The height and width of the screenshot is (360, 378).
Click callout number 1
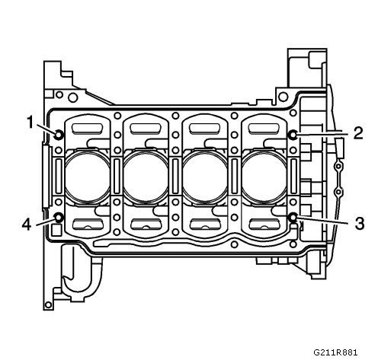tap(30, 122)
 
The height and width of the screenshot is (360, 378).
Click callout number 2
tap(358, 133)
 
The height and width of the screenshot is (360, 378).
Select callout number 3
tap(359, 224)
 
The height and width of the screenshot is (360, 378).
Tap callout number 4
tap(27, 225)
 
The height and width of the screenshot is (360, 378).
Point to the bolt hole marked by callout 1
tap(59, 134)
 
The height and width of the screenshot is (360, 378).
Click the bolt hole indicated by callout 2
tap(293, 135)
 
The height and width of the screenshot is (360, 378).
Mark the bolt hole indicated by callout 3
tap(293, 218)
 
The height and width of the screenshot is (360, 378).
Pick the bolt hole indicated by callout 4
tap(59, 218)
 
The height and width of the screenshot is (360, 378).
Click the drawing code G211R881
tap(335, 352)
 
